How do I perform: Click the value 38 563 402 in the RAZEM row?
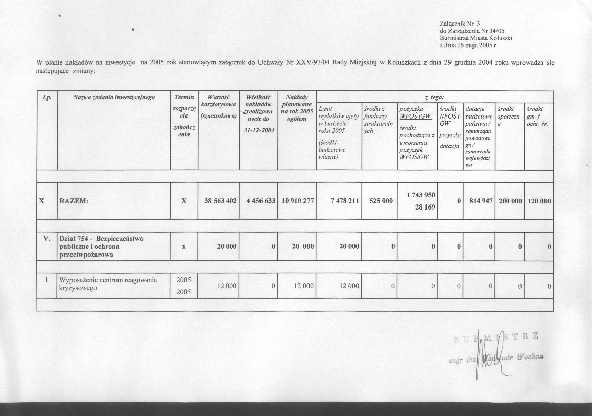pos(220,201)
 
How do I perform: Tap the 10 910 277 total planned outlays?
pos(297,201)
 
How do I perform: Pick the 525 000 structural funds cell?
pos(381,201)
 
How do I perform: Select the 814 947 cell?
pos(481,201)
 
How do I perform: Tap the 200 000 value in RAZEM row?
pos(510,201)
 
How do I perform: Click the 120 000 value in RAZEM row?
pos(539,201)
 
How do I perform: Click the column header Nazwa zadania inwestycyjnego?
pos(114,96)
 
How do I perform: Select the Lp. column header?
pos(48,96)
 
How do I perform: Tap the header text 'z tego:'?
pos(434,97)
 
